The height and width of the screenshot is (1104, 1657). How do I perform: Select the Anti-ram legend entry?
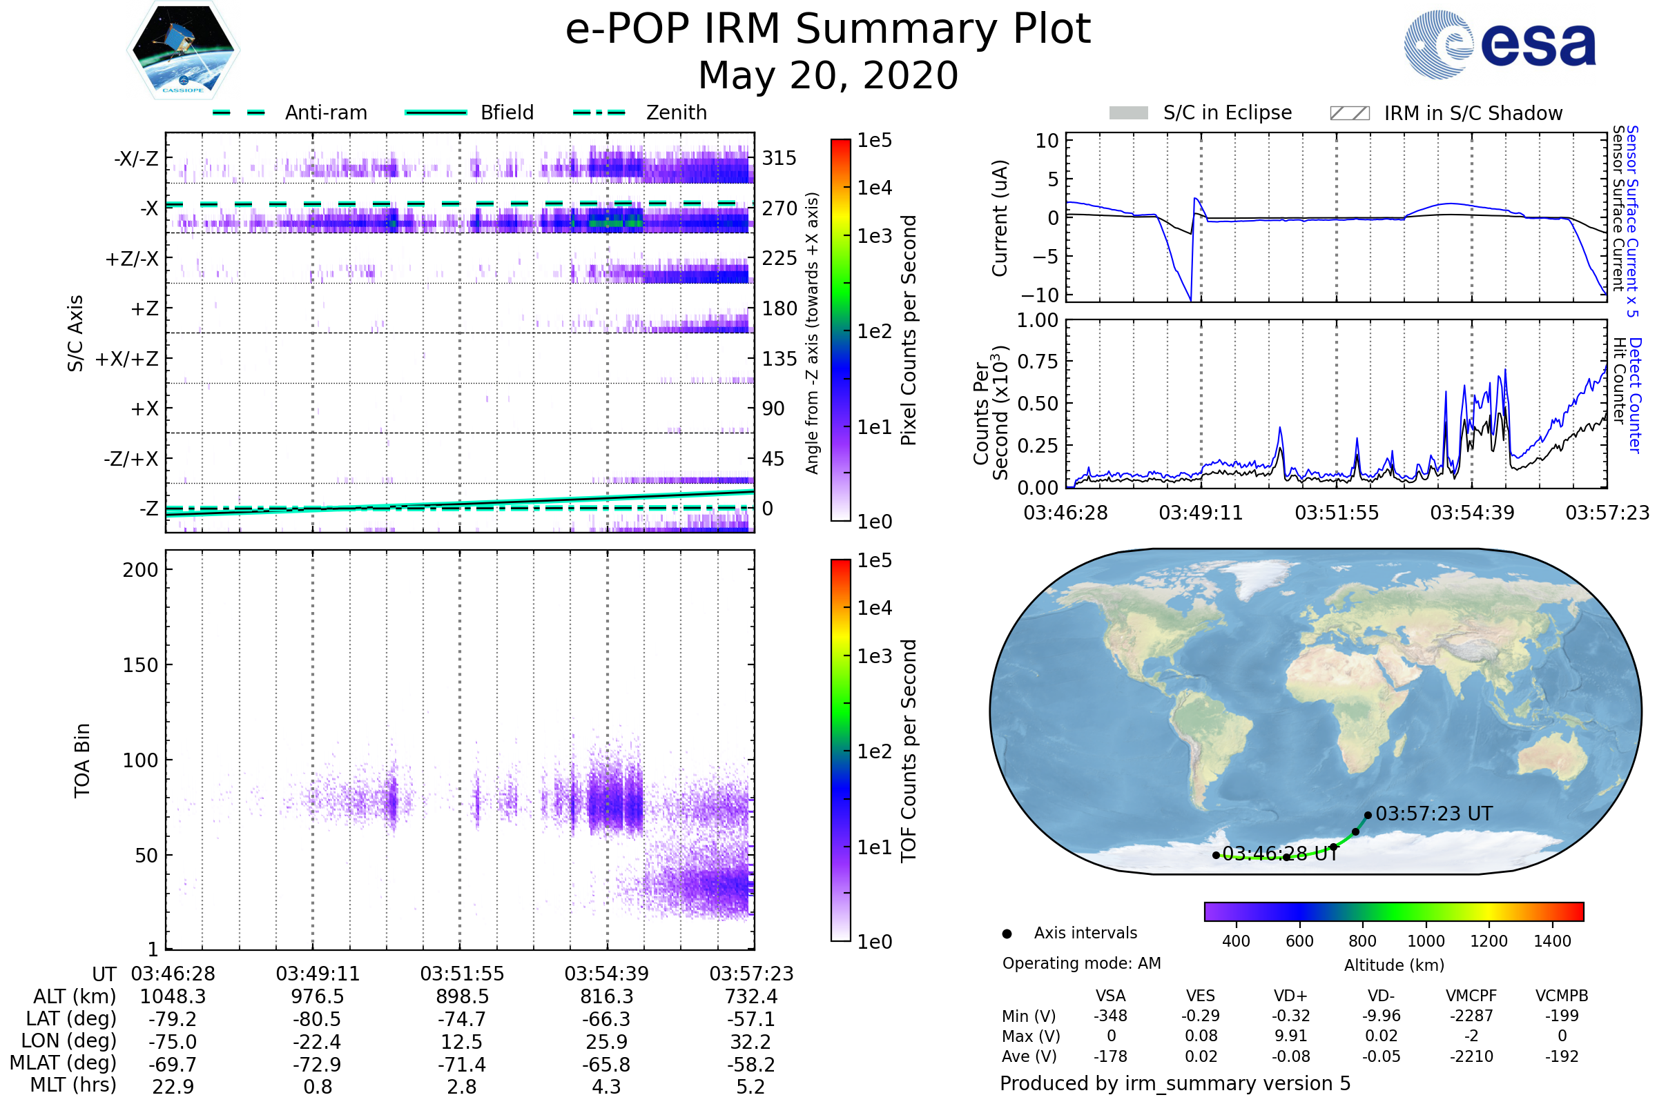(325, 112)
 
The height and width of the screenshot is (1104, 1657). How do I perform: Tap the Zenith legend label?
(677, 112)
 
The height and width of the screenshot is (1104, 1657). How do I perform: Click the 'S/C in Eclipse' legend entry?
(1228, 112)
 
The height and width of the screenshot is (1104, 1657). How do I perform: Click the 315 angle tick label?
(779, 158)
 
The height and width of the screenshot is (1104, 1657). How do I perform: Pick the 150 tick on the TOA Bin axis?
(140, 665)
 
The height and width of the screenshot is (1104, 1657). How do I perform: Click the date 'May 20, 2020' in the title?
(828, 75)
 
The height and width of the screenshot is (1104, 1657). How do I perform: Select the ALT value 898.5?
(462, 996)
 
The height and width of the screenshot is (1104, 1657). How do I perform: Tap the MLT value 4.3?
(606, 1086)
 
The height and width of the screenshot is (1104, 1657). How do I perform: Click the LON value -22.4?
(318, 1041)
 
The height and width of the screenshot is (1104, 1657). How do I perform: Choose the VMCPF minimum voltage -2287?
(1471, 1016)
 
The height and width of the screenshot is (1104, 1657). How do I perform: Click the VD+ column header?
(1290, 996)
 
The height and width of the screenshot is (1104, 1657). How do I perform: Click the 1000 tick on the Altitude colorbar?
(1426, 941)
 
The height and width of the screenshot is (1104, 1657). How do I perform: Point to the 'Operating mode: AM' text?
(1081, 963)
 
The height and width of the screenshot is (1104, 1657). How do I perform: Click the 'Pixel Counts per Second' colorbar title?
(909, 330)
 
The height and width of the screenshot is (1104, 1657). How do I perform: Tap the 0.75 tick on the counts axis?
(1037, 362)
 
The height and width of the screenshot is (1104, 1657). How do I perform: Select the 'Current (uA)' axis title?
(1000, 218)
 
